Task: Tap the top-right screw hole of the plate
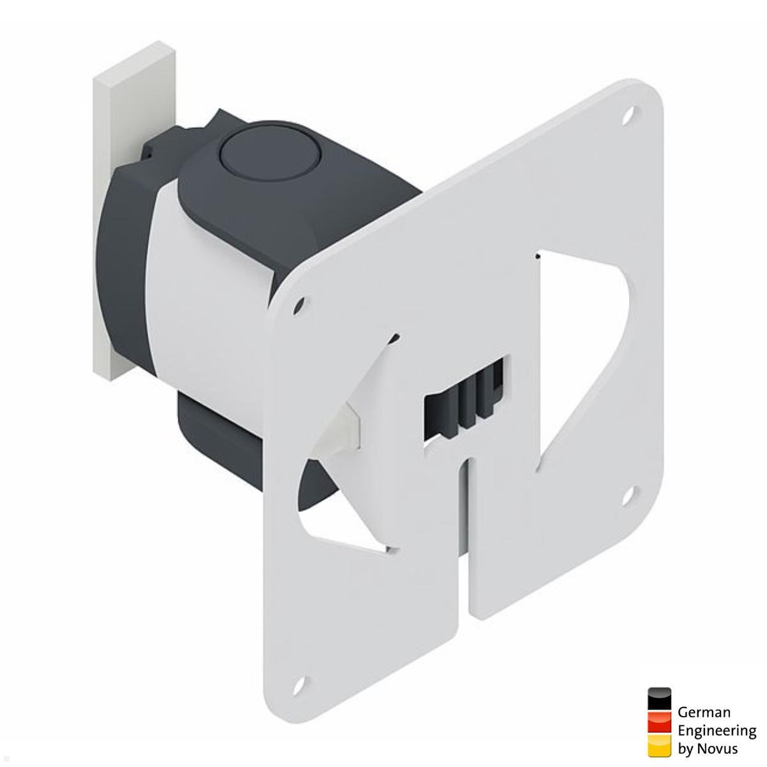630,115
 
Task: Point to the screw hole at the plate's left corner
298,306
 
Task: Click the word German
704,712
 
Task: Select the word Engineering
717,731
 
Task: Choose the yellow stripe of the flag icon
659,745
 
